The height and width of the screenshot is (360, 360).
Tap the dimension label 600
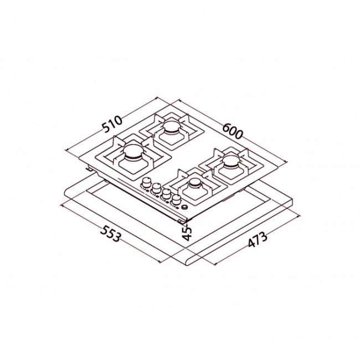tap(233, 131)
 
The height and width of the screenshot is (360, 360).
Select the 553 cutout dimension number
tap(110, 233)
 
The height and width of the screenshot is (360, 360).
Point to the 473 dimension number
tap(258, 240)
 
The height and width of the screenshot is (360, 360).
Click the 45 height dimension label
tap(188, 233)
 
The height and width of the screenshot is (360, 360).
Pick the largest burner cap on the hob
tap(133, 151)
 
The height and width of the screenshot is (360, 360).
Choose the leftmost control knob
tap(146, 183)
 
